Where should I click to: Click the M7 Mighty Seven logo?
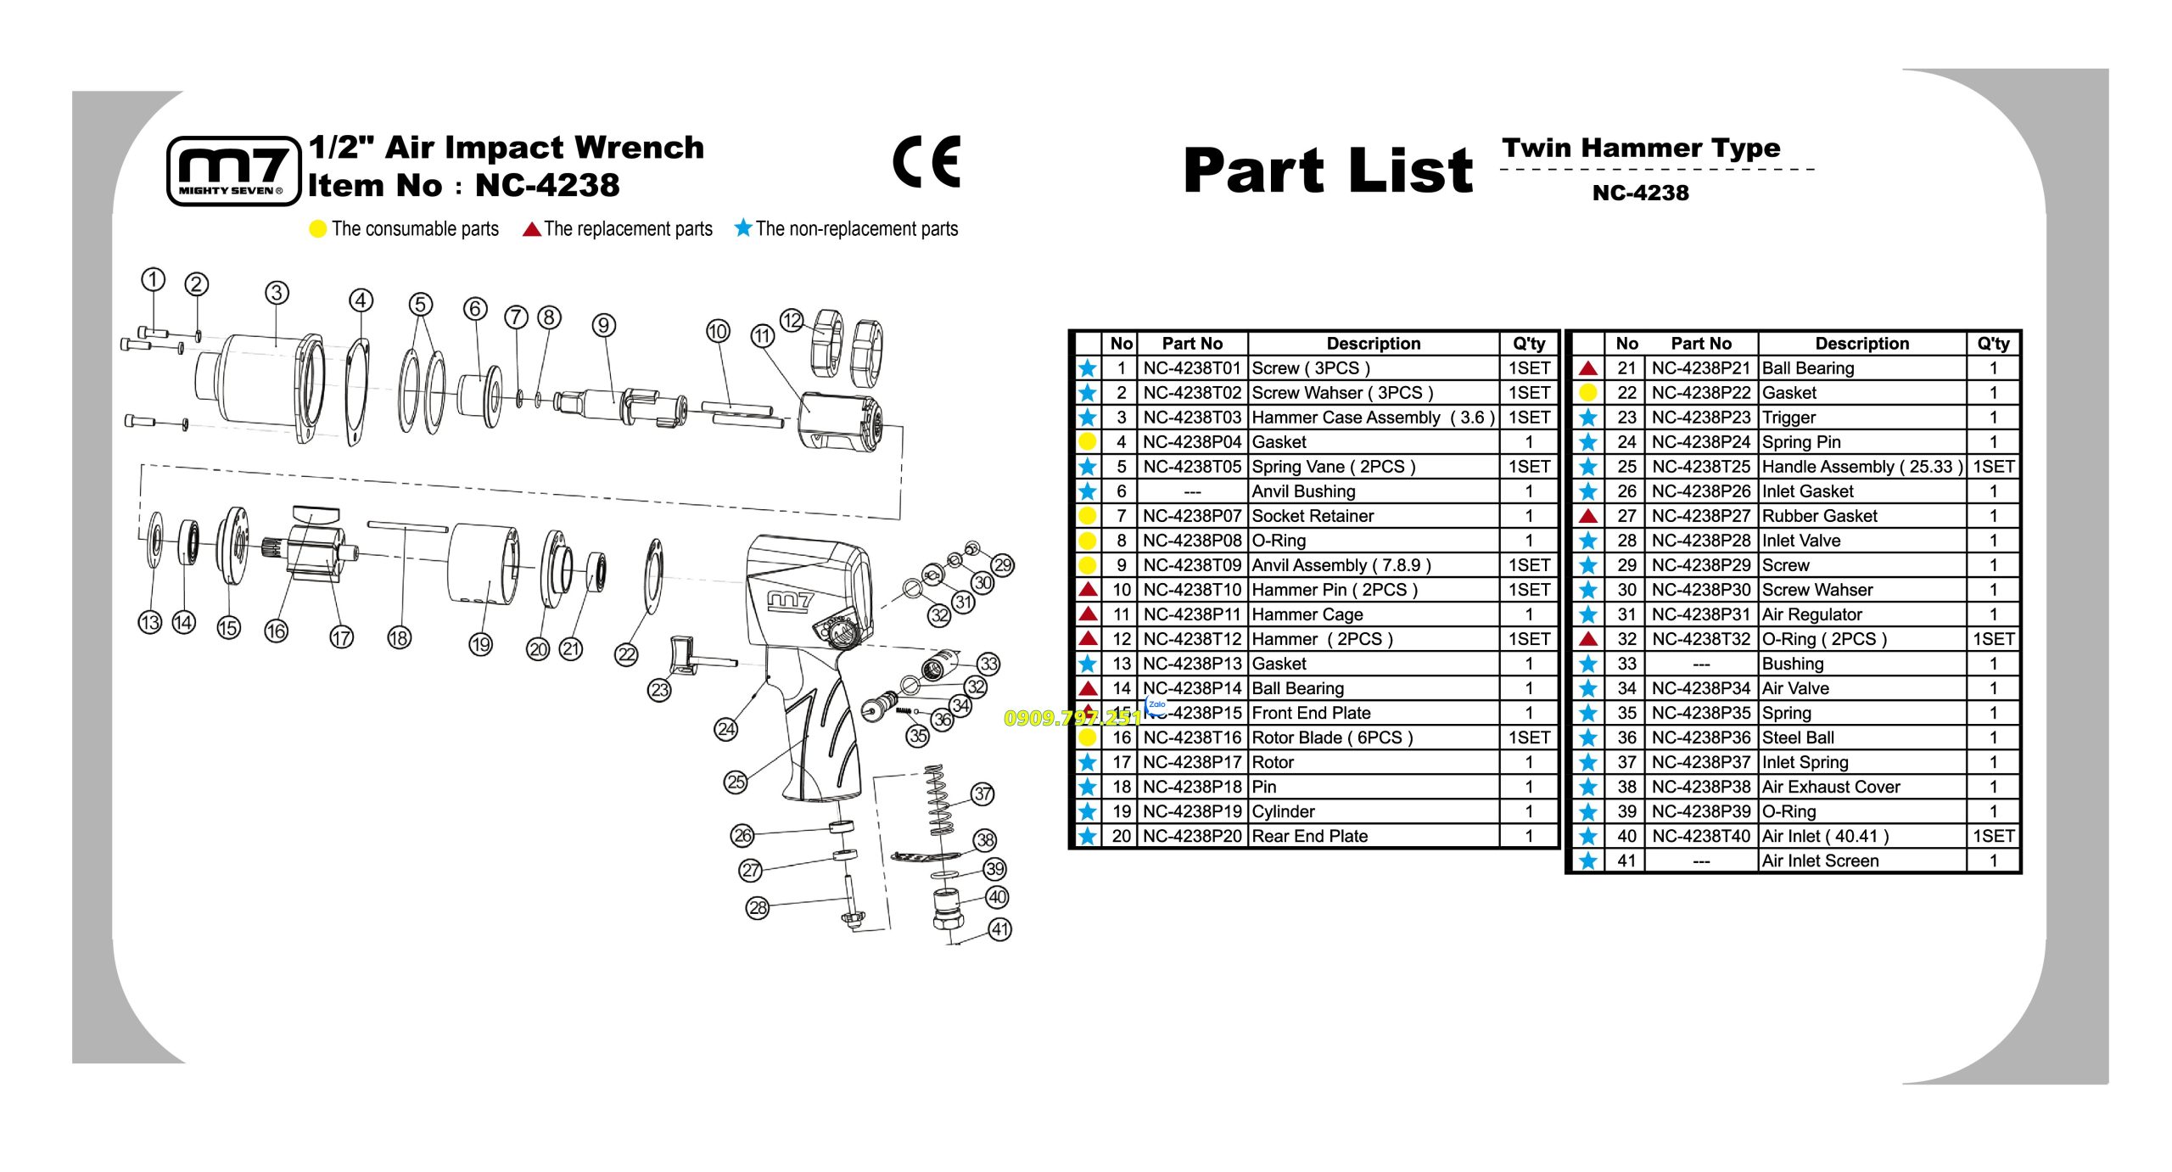click(234, 171)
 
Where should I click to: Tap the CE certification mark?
click(926, 161)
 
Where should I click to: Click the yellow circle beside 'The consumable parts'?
click(318, 229)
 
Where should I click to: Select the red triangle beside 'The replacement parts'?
click(532, 229)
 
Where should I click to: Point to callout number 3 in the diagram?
click(277, 293)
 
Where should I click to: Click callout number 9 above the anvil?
click(603, 325)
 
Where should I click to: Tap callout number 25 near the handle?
click(736, 782)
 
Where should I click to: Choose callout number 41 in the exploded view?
click(1000, 929)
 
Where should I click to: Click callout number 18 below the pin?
click(399, 637)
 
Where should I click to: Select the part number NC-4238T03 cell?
click(1192, 418)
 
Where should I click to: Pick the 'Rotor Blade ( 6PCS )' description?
click(1332, 737)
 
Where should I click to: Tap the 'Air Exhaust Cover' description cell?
click(1831, 787)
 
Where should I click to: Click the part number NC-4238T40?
click(1701, 836)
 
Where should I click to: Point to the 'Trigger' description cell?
click(1789, 418)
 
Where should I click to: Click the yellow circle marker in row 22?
click(1588, 392)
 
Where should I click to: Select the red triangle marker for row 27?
click(1588, 515)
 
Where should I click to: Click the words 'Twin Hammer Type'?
click(1641, 148)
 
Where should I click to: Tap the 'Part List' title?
click(1328, 170)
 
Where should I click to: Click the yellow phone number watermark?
click(1073, 718)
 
